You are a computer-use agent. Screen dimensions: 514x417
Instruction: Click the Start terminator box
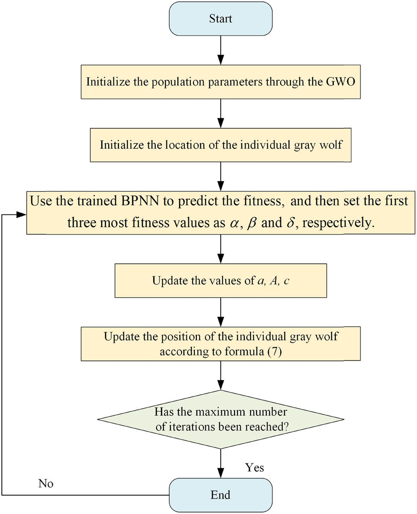click(220, 19)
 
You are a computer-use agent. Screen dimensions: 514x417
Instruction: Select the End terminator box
click(220, 495)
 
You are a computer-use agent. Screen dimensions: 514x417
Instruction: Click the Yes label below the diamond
click(254, 468)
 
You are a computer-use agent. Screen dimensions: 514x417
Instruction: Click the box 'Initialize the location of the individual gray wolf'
click(220, 144)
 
